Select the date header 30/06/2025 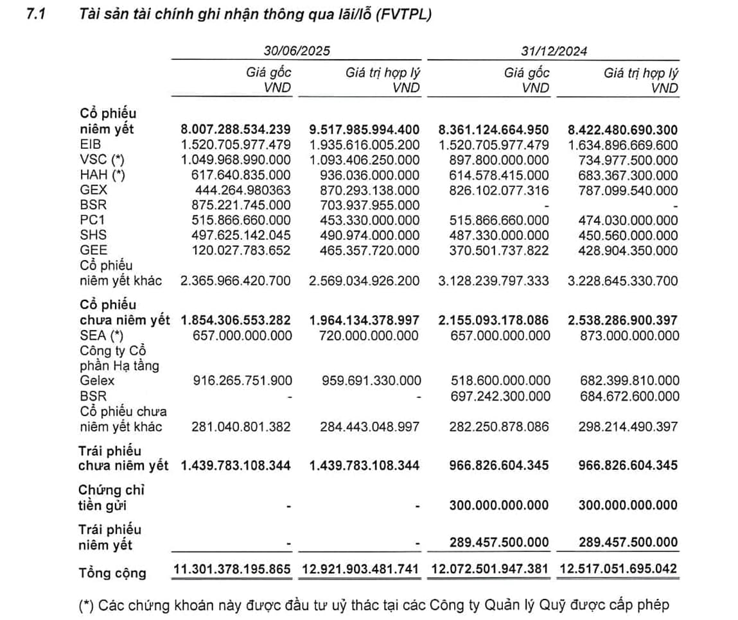point(296,51)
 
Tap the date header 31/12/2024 point(554,51)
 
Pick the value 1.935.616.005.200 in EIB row point(365,144)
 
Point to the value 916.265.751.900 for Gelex point(242,381)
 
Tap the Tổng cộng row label point(112,573)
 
